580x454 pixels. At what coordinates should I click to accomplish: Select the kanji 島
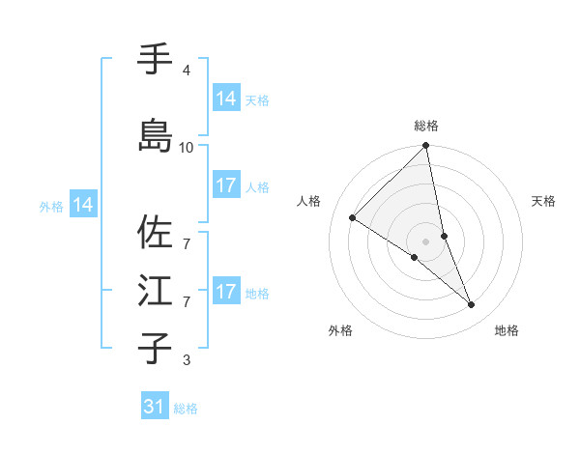156,135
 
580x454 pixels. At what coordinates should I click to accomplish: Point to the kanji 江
156,291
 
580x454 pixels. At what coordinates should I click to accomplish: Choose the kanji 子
156,347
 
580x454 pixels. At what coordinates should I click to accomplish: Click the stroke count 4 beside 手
186,71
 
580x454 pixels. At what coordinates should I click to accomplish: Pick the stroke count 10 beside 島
187,147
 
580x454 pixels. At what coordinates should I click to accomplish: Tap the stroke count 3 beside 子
186,360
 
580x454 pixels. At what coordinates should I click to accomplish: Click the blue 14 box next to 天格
226,99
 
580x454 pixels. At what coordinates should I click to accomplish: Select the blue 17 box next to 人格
226,185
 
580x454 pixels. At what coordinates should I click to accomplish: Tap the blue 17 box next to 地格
226,292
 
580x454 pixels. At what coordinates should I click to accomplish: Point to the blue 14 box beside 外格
83,205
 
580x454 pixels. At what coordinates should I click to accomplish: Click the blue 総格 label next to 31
186,409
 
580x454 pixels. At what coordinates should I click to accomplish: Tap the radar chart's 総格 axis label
426,126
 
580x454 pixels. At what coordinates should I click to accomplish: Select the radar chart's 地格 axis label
507,331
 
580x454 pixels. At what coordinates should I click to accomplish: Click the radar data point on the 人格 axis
353,218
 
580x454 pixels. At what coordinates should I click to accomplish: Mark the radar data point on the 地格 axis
472,305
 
